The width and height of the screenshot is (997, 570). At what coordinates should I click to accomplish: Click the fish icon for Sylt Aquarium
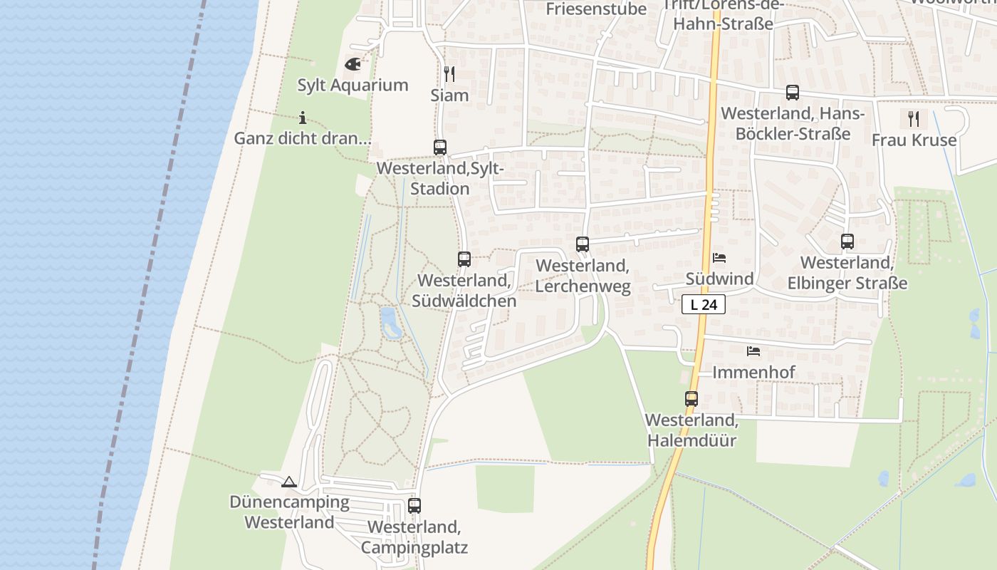pyautogui.click(x=353, y=64)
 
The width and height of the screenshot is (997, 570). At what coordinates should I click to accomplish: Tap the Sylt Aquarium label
pyautogui.click(x=353, y=85)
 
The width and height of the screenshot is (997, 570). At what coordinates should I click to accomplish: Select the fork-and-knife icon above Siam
pyautogui.click(x=449, y=73)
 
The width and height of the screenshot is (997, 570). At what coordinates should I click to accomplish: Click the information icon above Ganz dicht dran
pyautogui.click(x=303, y=118)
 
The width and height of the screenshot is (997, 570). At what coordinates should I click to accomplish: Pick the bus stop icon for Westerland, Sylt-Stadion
pyautogui.click(x=440, y=147)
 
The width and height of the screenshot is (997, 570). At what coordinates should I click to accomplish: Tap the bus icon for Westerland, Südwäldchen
pyautogui.click(x=464, y=259)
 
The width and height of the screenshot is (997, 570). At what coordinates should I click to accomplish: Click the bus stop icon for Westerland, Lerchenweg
pyautogui.click(x=583, y=244)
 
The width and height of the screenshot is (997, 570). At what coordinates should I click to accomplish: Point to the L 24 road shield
pyautogui.click(x=704, y=305)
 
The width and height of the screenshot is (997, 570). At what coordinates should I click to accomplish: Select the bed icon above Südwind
pyautogui.click(x=719, y=258)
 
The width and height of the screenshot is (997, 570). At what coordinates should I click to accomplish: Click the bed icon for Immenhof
pyautogui.click(x=753, y=351)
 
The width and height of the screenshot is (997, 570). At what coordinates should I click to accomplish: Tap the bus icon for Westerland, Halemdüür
pyautogui.click(x=691, y=399)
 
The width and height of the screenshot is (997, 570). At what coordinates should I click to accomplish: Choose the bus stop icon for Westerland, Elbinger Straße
pyautogui.click(x=847, y=242)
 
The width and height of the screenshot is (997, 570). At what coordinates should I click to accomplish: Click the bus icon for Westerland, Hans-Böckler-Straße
pyautogui.click(x=792, y=93)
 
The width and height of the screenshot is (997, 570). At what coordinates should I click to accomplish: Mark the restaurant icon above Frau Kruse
pyautogui.click(x=914, y=118)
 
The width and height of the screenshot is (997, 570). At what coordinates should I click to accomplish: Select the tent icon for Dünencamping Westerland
pyautogui.click(x=288, y=482)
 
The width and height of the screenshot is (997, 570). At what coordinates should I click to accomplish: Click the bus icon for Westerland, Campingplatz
pyautogui.click(x=414, y=506)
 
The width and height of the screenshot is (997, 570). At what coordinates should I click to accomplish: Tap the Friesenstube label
pyautogui.click(x=596, y=9)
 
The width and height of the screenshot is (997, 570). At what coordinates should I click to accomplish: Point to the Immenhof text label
pyautogui.click(x=753, y=372)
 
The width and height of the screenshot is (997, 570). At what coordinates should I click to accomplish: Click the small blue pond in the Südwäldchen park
pyautogui.click(x=390, y=323)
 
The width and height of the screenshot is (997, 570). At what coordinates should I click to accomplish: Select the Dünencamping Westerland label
pyautogui.click(x=289, y=512)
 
